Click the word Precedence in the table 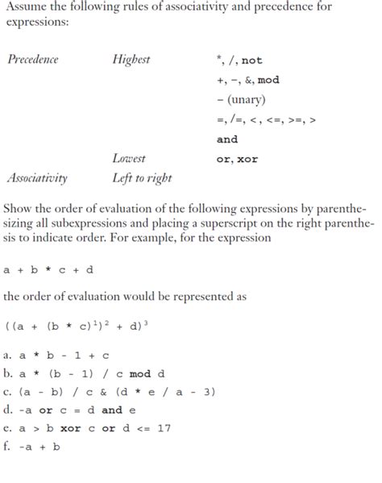coord(33,60)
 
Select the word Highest coord(131,60)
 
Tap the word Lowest coord(129,159)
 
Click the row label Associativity coord(37,178)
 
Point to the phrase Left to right coord(142,178)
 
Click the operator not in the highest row coord(252,60)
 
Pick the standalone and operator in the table coord(227,139)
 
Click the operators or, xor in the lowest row coord(238,159)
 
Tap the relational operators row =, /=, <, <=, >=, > coord(267,119)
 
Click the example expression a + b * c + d coord(48,270)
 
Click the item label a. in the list coord(8,355)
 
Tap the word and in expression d coord(112,410)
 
